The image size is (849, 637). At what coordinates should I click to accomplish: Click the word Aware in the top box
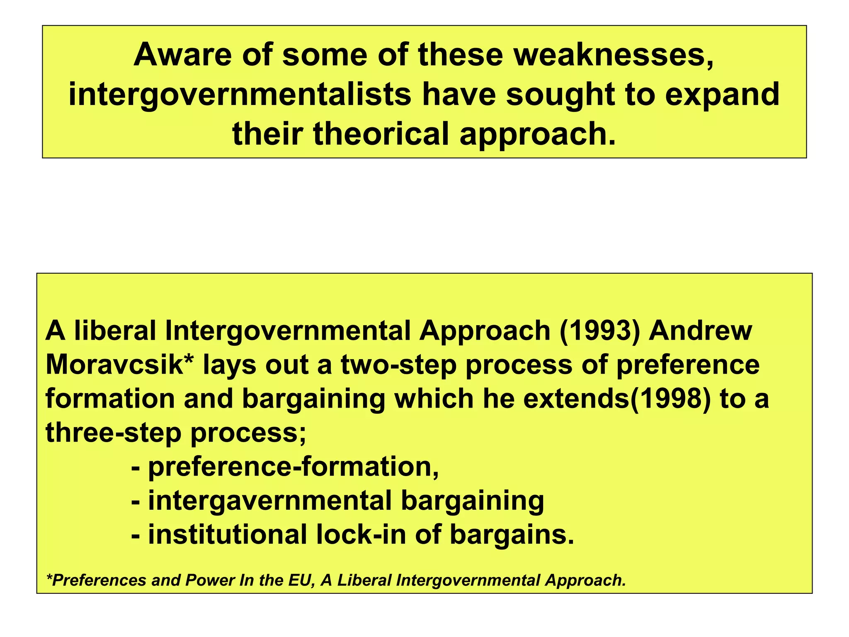coord(182,55)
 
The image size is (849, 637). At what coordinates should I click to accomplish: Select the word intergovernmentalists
coord(240,95)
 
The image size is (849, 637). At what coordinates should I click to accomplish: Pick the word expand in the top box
coord(722,95)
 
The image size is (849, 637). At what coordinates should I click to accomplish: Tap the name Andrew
coord(700,331)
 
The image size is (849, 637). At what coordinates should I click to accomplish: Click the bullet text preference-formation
coord(293,467)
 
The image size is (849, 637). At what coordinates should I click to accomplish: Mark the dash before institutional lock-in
coord(135,535)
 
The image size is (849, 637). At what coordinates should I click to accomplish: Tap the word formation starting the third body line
coord(110,399)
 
